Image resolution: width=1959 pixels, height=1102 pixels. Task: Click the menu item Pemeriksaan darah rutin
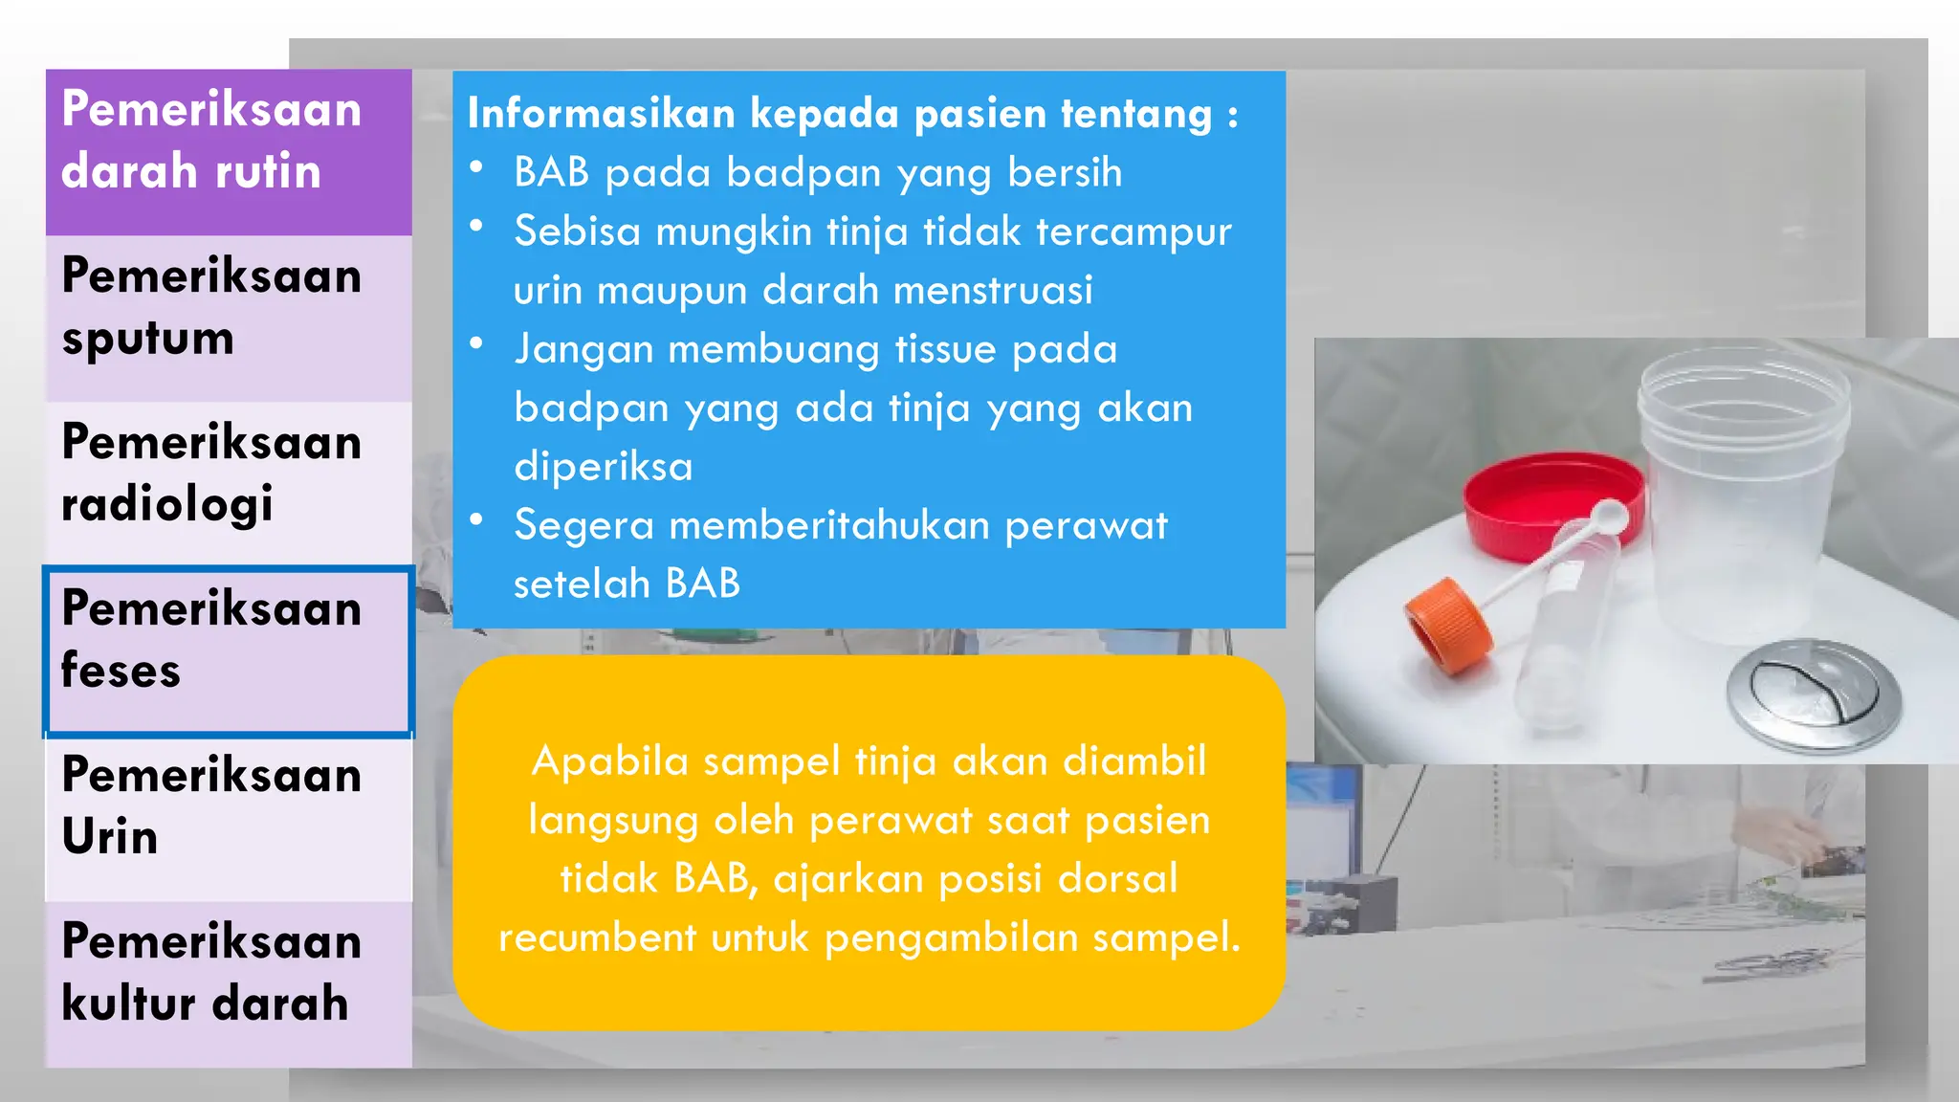[228, 151]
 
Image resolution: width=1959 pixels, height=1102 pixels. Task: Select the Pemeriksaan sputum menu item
[228, 318]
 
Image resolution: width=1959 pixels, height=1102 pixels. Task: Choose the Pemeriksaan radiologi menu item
[228, 484]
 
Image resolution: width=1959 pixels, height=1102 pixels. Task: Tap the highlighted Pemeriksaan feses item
[228, 650]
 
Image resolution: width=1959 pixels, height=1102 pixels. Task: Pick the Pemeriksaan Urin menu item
[228, 818]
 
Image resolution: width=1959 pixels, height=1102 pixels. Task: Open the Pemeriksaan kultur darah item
[228, 983]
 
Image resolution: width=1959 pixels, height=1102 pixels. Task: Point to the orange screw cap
[1447, 627]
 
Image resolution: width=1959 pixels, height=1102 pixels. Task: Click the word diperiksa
[603, 467]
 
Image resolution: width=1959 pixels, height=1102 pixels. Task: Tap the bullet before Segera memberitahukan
[476, 519]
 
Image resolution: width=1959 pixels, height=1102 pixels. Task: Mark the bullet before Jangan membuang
[476, 343]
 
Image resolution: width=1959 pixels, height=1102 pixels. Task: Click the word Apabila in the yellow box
[609, 761]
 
